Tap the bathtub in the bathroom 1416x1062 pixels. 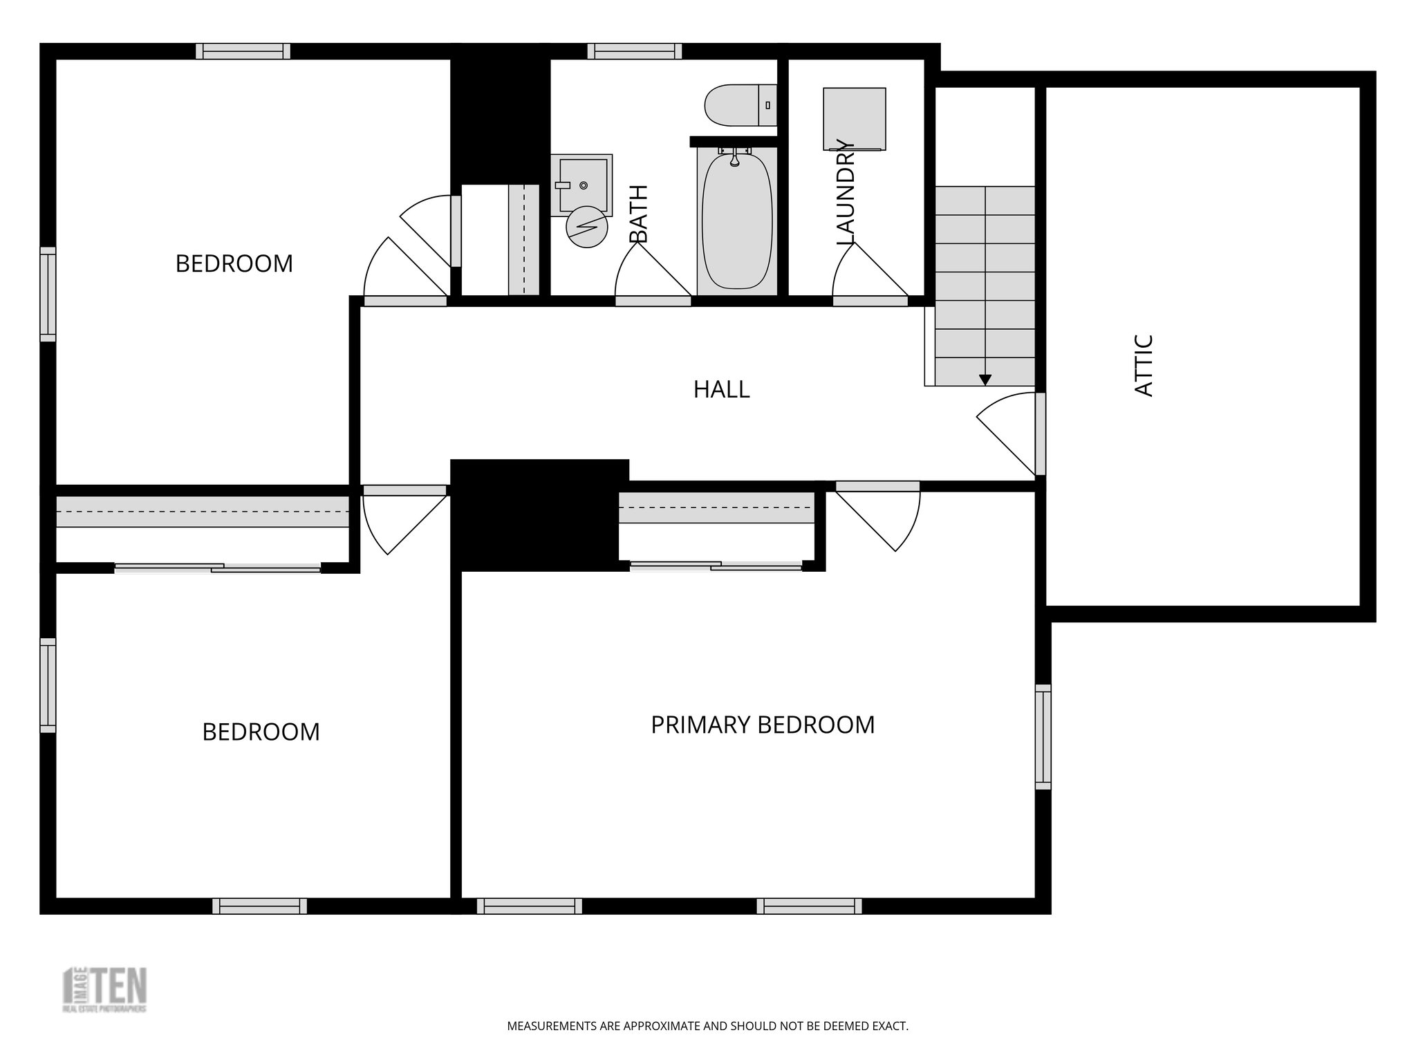(x=736, y=221)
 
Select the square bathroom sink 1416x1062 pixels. (x=583, y=185)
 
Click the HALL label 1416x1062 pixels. (x=721, y=389)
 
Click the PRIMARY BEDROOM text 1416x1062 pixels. (x=763, y=725)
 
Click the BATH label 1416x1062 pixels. (x=639, y=214)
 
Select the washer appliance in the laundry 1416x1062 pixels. (x=854, y=118)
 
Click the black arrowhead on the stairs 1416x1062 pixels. (x=985, y=380)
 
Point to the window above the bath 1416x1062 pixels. (x=635, y=51)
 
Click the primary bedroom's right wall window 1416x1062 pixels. (x=1043, y=736)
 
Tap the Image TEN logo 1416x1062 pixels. (x=105, y=989)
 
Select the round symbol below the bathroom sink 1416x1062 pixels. (x=586, y=227)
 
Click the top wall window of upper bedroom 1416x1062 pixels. (x=243, y=51)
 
